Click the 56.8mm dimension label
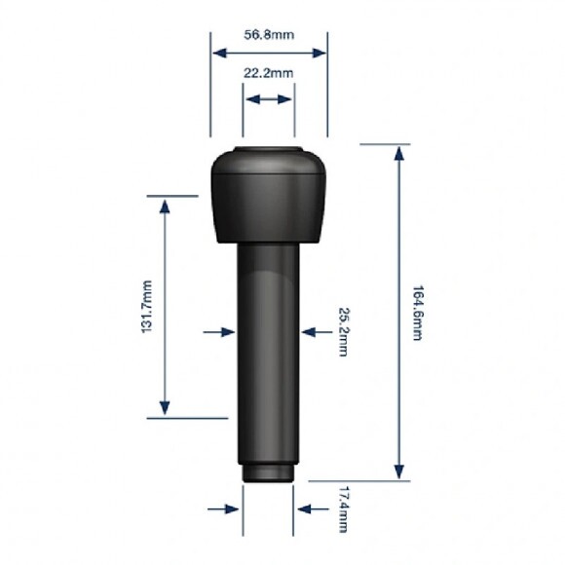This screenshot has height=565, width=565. coord(269,35)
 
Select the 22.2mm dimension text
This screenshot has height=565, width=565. coord(269,73)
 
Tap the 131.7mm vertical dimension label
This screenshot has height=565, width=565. coord(147,307)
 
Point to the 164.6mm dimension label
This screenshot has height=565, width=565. coord(417,313)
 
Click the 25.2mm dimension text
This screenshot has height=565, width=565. coord(344,332)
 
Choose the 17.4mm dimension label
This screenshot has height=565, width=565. coord(344,509)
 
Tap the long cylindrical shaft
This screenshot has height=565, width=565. coord(269,353)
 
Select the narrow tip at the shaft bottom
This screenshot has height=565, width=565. coord(268,473)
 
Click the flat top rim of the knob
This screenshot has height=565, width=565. coord(268,148)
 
